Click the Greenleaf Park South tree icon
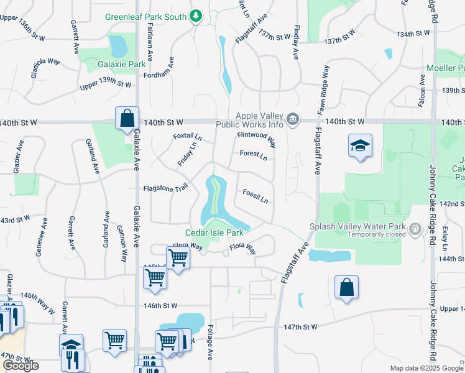pyautogui.click(x=196, y=16)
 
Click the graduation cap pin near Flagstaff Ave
pyautogui.click(x=360, y=146)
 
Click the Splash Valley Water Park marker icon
pyautogui.click(x=416, y=230)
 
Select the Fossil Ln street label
pyautogui.click(x=256, y=196)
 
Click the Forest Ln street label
pyautogui.click(x=253, y=155)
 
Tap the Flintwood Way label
pyautogui.click(x=256, y=135)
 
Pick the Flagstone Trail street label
pyautogui.click(x=165, y=188)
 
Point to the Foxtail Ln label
pyautogui.click(x=187, y=136)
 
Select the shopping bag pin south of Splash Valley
pyautogui.click(x=346, y=288)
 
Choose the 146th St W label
pyautogui.click(x=160, y=306)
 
